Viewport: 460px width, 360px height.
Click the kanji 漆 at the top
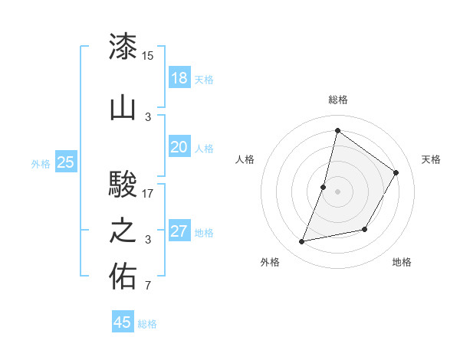click(123, 47)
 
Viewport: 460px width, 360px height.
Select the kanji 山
click(123, 109)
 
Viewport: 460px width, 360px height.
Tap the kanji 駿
click(123, 185)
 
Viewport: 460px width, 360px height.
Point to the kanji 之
click(123, 231)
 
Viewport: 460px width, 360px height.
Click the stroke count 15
click(148, 55)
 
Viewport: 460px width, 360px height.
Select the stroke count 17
click(148, 193)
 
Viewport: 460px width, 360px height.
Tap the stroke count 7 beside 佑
click(147, 286)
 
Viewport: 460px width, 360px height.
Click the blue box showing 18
click(179, 78)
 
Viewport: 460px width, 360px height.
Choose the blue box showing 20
click(179, 147)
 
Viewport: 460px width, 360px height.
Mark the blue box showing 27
click(179, 231)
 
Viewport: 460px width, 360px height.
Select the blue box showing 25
click(66, 162)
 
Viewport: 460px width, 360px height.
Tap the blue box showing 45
click(123, 322)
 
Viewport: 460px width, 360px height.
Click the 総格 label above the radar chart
click(337, 100)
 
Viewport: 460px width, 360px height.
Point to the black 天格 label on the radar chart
click(432, 159)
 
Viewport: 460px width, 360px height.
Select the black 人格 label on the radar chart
click(245, 159)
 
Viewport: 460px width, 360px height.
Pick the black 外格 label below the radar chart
click(270, 262)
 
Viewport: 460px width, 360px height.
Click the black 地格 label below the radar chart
click(402, 262)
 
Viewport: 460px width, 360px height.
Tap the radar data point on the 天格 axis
click(396, 172)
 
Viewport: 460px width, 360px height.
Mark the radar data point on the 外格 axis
click(302, 242)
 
